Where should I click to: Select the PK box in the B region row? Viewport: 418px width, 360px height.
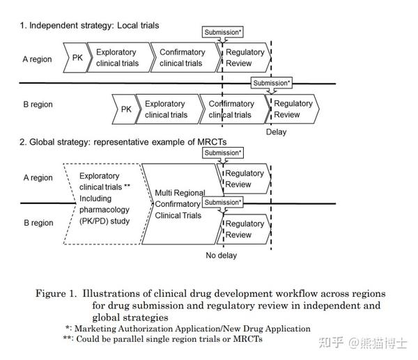[x=125, y=109]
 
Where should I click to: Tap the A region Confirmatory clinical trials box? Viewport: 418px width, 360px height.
[x=183, y=58]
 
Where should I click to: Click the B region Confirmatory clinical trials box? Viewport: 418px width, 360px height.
[x=231, y=109]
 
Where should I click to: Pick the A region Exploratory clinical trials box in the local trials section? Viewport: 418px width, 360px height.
[x=117, y=58]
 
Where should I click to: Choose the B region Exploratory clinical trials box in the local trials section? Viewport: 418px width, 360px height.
[x=166, y=109]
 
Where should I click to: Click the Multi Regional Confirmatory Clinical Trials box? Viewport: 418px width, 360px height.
[x=179, y=204]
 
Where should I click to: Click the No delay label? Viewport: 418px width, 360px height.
[x=221, y=256]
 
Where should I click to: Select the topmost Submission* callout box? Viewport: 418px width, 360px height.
[x=223, y=32]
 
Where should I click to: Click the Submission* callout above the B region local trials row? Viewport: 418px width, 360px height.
[x=272, y=83]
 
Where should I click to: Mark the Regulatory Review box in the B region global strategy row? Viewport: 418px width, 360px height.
[x=245, y=229]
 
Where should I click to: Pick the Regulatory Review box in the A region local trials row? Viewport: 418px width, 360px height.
[x=245, y=58]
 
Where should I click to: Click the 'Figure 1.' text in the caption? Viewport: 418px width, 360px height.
[x=56, y=293]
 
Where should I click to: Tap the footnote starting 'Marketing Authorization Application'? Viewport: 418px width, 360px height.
[x=192, y=328]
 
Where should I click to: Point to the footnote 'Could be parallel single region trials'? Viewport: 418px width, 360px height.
[x=168, y=339]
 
